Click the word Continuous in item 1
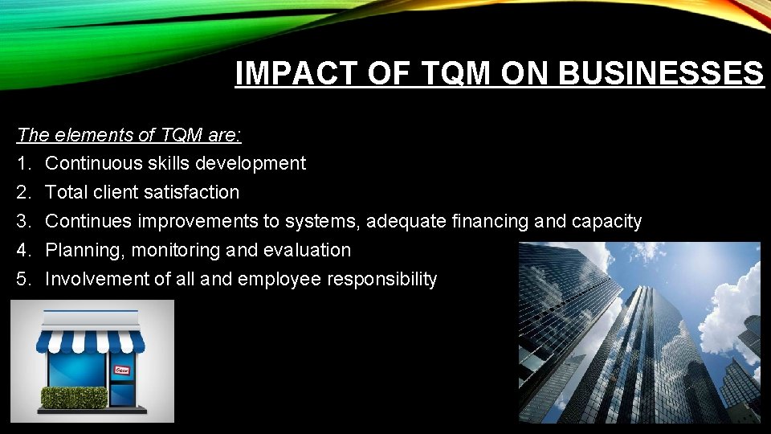point(93,163)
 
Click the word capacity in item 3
point(607,221)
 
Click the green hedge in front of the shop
point(74,397)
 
